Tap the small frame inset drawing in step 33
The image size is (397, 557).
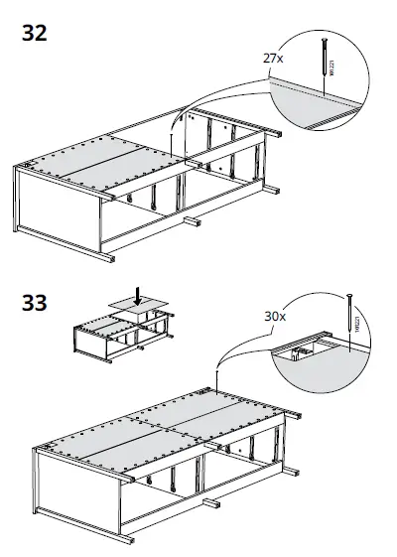(124, 333)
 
